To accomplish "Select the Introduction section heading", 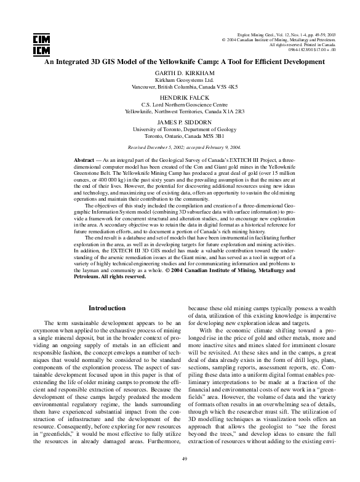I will click(107, 308).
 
